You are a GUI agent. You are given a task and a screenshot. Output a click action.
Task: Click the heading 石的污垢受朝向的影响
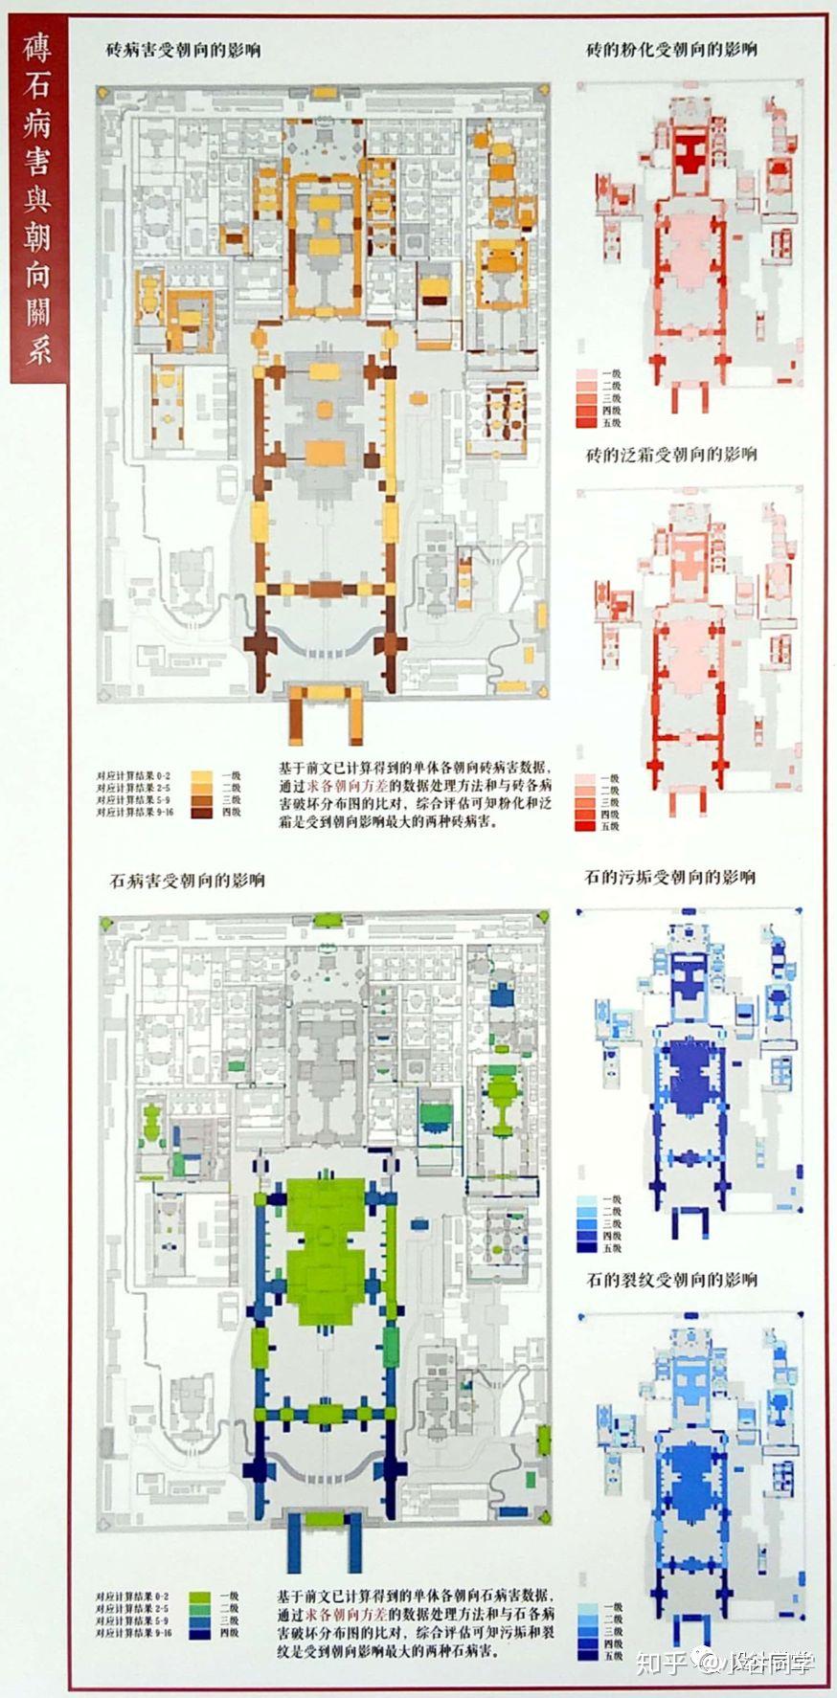pos(669,877)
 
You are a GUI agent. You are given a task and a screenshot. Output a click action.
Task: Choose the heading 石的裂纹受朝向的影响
pos(670,1279)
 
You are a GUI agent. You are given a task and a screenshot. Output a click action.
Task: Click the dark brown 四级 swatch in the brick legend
pos(202,813)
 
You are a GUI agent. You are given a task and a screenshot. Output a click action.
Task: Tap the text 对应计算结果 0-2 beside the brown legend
pos(134,775)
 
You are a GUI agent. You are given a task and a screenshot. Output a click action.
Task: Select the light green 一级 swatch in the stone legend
pos(200,1597)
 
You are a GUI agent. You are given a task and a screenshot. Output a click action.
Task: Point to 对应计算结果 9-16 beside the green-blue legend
pos(135,1634)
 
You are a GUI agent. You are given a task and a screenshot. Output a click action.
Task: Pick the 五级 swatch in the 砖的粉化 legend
pos(587,422)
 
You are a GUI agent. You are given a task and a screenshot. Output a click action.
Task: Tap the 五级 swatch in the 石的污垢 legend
pos(587,1248)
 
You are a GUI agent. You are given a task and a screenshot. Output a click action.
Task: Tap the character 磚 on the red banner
pos(37,48)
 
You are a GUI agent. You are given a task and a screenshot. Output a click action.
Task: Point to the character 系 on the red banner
pos(37,348)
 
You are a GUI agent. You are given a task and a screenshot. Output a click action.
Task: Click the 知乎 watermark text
pos(661,1662)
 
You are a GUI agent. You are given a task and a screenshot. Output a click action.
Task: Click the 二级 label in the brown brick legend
pos(231,788)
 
